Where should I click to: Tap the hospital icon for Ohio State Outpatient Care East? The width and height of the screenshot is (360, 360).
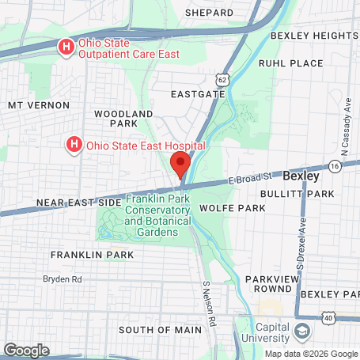[67, 47]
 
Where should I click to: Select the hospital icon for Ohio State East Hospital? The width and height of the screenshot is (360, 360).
[74, 145]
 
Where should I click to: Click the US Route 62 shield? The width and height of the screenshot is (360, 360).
[222, 79]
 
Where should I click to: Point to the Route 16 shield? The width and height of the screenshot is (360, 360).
[335, 166]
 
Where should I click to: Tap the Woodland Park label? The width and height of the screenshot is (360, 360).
[123, 119]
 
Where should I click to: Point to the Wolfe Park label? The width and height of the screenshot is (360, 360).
[232, 207]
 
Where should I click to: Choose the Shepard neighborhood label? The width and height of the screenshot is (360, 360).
[209, 13]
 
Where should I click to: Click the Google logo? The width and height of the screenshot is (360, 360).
[26, 350]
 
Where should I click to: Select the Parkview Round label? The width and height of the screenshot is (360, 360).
[270, 285]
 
